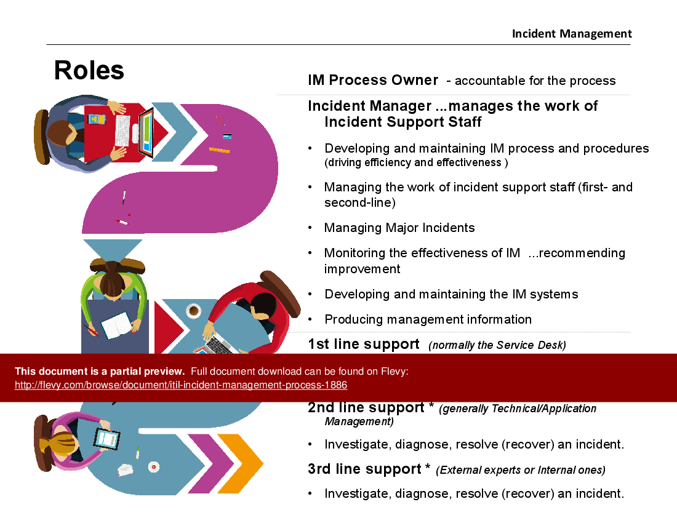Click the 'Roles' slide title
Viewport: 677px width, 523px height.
click(x=89, y=70)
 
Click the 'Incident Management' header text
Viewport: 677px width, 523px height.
click(x=572, y=34)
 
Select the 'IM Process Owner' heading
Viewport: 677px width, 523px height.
click(x=373, y=80)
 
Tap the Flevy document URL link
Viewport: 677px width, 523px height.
click(x=181, y=385)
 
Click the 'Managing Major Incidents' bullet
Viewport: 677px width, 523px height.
click(x=399, y=228)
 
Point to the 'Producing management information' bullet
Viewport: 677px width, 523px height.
click(x=428, y=319)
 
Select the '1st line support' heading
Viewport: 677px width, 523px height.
click(x=364, y=344)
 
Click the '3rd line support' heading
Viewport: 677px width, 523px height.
click(x=364, y=469)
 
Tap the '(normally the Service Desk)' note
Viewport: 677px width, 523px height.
click(x=497, y=345)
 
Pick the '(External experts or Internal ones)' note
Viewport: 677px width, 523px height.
click(x=520, y=470)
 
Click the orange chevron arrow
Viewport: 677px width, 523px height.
click(x=240, y=464)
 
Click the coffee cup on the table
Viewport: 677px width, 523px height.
click(x=193, y=310)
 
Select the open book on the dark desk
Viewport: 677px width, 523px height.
click(x=116, y=325)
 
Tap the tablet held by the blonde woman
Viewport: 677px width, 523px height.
click(x=106, y=439)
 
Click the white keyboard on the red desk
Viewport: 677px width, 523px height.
click(x=122, y=130)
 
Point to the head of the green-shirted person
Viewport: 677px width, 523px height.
click(x=112, y=281)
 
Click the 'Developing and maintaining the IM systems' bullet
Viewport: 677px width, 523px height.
click(x=451, y=294)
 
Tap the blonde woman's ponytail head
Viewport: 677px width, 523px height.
click(x=60, y=443)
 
